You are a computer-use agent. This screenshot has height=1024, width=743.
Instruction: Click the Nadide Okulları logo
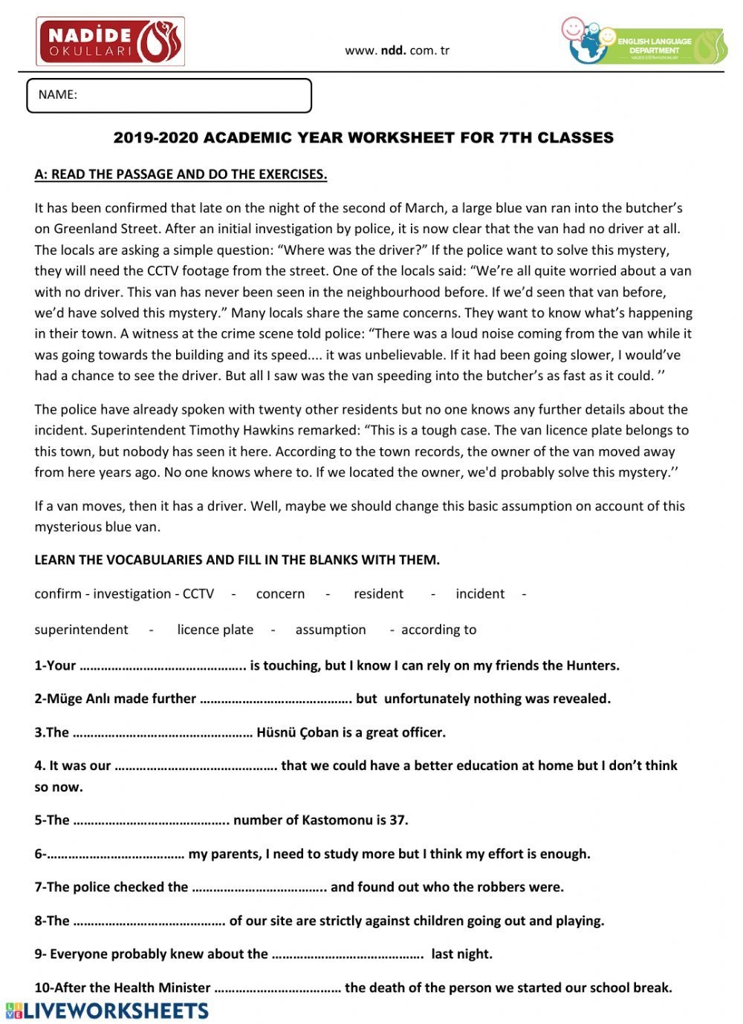click(110, 42)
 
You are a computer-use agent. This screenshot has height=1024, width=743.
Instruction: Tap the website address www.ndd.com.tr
click(397, 51)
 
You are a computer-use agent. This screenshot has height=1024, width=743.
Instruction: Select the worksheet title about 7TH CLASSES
click(363, 138)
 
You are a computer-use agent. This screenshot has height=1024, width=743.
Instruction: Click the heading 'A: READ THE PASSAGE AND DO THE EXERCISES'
click(181, 175)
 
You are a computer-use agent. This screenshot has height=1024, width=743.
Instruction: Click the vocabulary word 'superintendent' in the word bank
click(81, 630)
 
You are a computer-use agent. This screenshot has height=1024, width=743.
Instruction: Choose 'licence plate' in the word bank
click(215, 630)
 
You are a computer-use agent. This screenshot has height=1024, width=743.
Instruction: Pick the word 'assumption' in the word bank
click(331, 630)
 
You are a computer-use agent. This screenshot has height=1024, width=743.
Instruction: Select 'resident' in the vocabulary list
click(378, 594)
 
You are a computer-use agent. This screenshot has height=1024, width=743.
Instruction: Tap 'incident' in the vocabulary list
click(480, 594)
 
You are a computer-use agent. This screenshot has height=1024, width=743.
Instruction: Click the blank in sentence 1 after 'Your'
click(163, 666)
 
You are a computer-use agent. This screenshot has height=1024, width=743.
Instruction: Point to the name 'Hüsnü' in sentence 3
click(276, 733)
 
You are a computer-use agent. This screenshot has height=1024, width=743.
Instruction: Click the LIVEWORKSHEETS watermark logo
click(108, 1011)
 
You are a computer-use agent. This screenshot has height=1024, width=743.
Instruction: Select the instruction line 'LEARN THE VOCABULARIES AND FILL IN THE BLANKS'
click(237, 560)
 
